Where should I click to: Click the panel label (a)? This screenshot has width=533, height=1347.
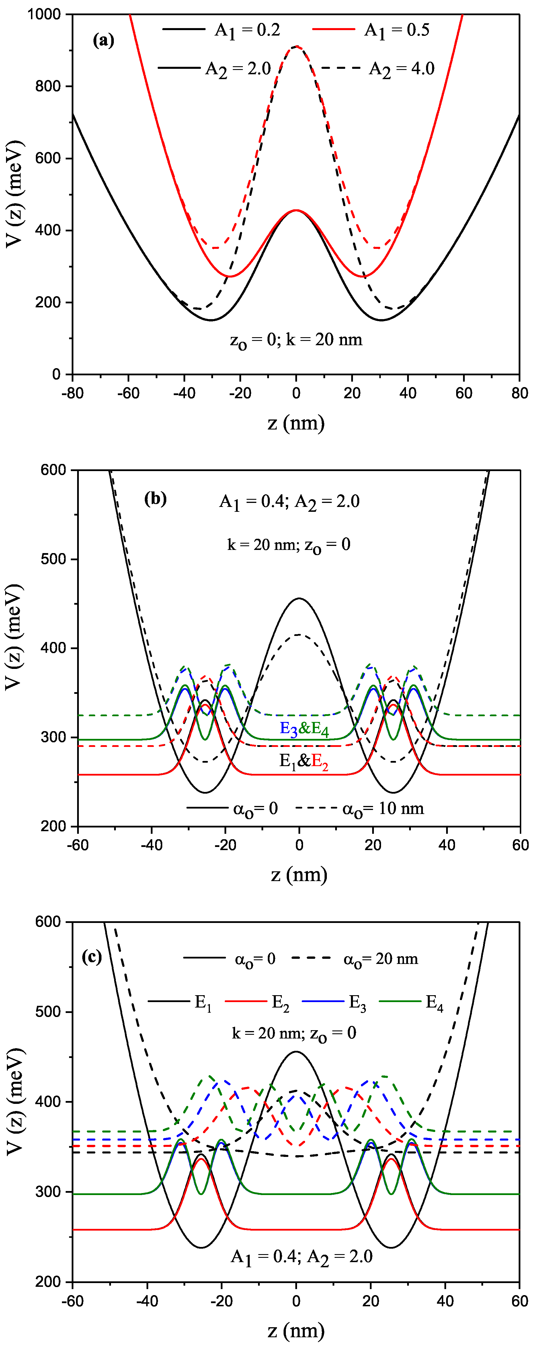pyautogui.click(x=103, y=40)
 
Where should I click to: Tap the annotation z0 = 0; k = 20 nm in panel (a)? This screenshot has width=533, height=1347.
pyautogui.click(x=296, y=340)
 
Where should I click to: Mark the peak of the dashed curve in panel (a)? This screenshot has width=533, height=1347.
pyautogui.click(x=296, y=46)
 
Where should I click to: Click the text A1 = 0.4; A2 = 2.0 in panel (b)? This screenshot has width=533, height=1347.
pyautogui.click(x=289, y=502)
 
